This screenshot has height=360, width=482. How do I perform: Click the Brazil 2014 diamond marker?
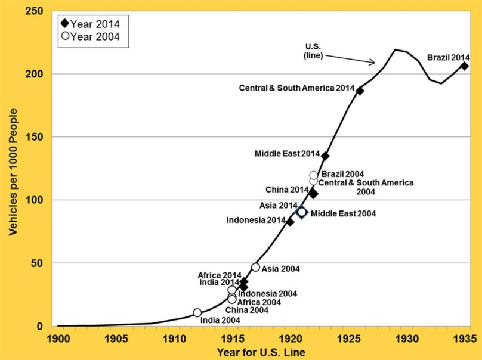click(x=464, y=66)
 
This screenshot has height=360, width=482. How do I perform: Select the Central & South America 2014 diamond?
click(x=360, y=91)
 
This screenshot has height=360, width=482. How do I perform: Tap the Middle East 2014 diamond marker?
click(x=325, y=156)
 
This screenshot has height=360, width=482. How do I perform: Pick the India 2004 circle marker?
click(x=197, y=313)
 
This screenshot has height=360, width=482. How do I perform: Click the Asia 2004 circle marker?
click(x=255, y=268)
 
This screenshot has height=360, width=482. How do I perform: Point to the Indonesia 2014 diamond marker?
click(x=290, y=222)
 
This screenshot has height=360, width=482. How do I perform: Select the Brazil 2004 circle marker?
click(x=314, y=175)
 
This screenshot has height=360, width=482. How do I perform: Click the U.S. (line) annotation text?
click(x=314, y=51)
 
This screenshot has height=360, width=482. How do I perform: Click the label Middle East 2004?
click(x=344, y=213)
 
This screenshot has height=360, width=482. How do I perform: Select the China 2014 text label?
click(x=287, y=190)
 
